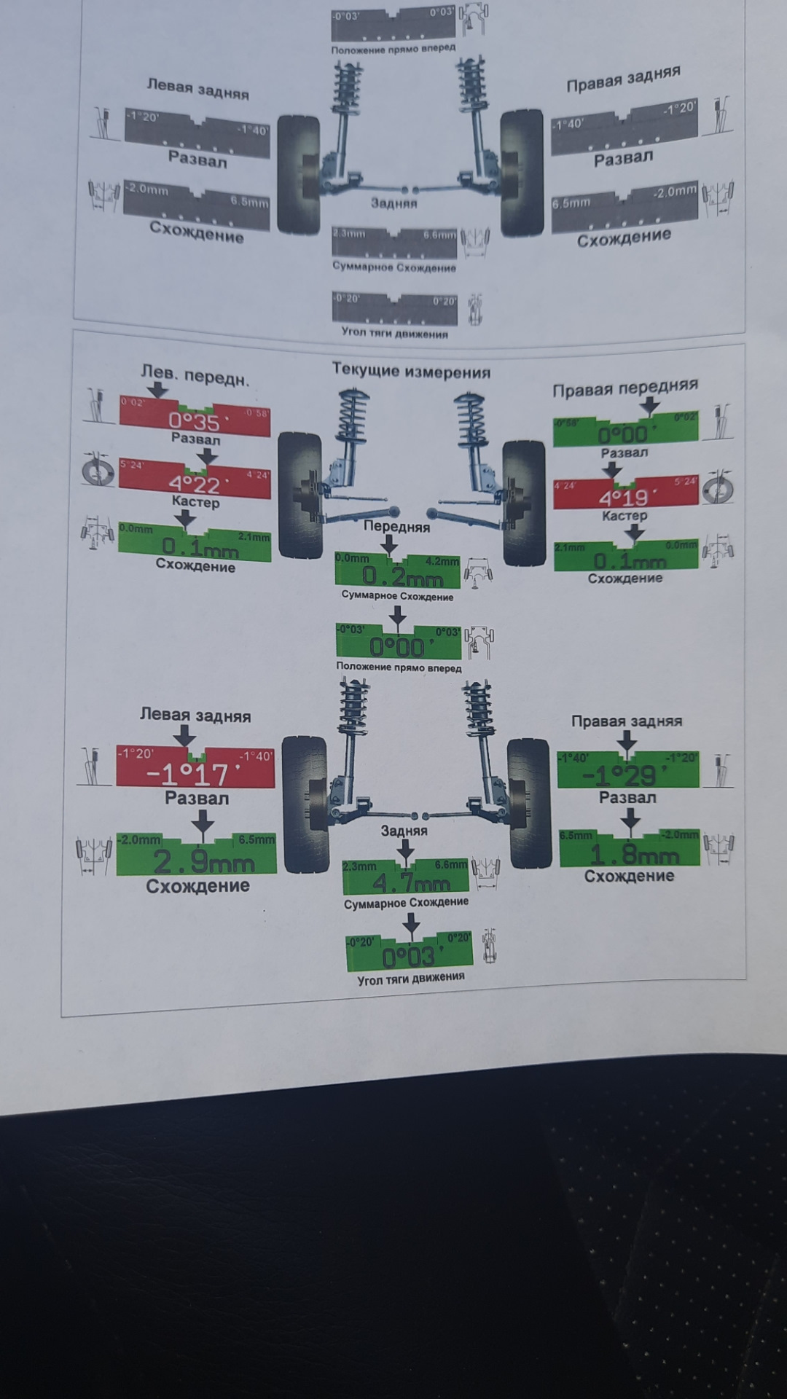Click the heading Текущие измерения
click(x=411, y=371)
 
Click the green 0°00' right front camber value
click(x=624, y=434)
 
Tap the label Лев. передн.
click(x=195, y=377)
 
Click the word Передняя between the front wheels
click(x=396, y=526)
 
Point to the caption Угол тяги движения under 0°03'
click(x=410, y=978)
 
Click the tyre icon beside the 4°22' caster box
click(x=98, y=472)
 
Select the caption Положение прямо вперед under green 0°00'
click(x=399, y=667)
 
